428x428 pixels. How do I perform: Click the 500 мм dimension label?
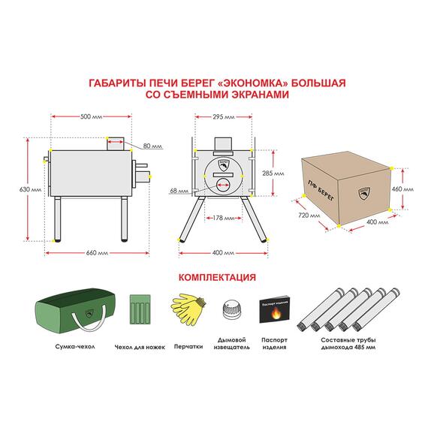[x=91, y=117]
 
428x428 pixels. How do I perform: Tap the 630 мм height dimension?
[x=30, y=189]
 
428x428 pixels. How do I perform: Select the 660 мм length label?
[x=97, y=253]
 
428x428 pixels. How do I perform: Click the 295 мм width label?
[x=224, y=117]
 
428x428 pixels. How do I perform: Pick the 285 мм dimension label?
[x=273, y=173]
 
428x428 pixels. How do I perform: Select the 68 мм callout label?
[x=179, y=191]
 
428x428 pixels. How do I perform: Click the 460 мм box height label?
[x=402, y=189]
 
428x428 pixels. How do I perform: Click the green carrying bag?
[x=75, y=310]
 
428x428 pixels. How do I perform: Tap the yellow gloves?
[x=188, y=309]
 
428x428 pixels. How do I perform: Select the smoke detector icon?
[x=232, y=310]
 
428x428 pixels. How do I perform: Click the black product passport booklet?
[x=274, y=309]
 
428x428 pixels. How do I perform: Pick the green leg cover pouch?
[x=140, y=309]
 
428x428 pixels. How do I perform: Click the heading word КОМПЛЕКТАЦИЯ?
[x=217, y=277]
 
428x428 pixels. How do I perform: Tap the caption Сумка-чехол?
[x=75, y=347]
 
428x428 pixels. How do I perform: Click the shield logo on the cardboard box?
[x=364, y=194]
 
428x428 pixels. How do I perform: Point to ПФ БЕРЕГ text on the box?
[x=321, y=191]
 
